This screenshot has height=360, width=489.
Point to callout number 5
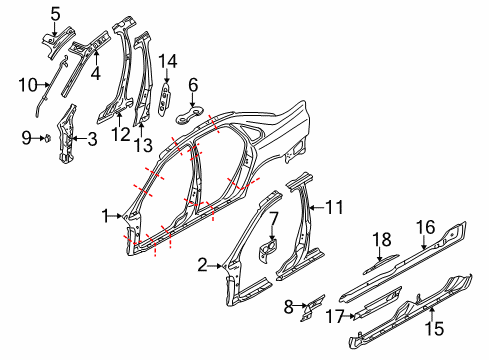coord(56,14)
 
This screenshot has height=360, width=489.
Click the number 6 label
coord(193,86)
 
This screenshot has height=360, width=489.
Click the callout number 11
coord(335,208)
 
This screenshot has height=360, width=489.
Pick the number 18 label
coord(380,241)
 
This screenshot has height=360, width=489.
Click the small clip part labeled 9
coord(48,139)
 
